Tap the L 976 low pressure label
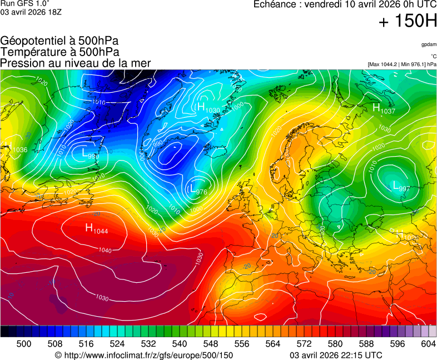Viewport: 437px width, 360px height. [198, 191]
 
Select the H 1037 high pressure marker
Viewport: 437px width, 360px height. [383, 109]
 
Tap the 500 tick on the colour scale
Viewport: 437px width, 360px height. [24, 344]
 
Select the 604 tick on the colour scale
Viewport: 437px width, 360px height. [428, 344]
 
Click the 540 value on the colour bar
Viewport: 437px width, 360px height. [180, 344]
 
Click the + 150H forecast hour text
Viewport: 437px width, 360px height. [408, 22]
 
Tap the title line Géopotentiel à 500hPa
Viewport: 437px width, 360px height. [59, 41]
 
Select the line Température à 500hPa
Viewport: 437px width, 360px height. [59, 52]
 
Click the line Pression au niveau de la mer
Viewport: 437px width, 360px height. [76, 63]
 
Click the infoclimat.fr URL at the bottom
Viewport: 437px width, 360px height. [144, 355]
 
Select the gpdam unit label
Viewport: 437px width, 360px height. [429, 44]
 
